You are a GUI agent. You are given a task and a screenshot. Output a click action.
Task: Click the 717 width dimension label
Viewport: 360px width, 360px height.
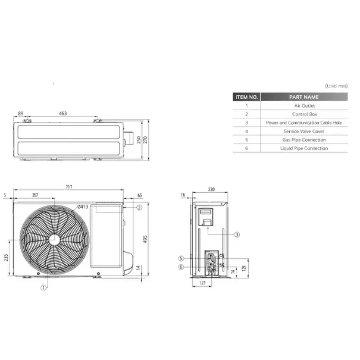click(69, 187)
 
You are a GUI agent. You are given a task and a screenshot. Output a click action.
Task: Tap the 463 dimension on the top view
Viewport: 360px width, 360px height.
click(62, 112)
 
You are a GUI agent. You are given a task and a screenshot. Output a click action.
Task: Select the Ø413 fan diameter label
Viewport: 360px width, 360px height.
click(82, 206)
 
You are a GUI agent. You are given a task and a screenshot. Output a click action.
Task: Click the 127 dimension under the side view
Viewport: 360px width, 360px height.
click(202, 283)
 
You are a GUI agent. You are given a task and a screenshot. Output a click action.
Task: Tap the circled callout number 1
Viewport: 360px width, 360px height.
click(43, 287)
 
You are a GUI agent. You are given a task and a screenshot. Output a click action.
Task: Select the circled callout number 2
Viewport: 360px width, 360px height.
click(139, 208)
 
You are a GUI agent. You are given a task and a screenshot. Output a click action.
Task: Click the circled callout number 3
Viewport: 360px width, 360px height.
click(237, 234)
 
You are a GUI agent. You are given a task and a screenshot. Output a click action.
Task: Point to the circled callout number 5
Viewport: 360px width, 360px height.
click(181, 258)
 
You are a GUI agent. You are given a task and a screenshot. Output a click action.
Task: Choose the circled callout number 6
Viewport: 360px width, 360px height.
click(181, 267)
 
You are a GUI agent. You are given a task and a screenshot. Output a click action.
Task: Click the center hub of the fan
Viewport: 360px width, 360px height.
click(54, 239)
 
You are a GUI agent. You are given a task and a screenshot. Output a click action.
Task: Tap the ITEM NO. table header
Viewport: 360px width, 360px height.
click(246, 96)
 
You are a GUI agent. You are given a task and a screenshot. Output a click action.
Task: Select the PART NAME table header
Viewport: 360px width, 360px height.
click(303, 96)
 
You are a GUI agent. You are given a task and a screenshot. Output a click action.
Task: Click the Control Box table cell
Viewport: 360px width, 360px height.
click(303, 114)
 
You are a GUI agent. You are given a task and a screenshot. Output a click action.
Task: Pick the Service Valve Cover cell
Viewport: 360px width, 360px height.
click(303, 131)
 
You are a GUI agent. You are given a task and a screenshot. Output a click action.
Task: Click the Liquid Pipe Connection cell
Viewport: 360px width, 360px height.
click(303, 148)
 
